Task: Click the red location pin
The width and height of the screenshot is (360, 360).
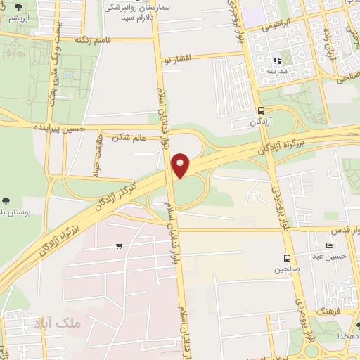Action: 181,166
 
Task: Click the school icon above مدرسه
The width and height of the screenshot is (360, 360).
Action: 276,61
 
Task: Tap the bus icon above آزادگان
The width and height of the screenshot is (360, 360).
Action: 262,110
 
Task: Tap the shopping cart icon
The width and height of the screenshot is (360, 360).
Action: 119,246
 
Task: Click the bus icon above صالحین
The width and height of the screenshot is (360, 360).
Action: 287,258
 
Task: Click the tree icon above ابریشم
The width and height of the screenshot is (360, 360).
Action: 18,7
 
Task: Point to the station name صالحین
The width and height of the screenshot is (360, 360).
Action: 287,269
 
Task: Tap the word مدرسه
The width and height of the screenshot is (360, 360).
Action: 276,72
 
